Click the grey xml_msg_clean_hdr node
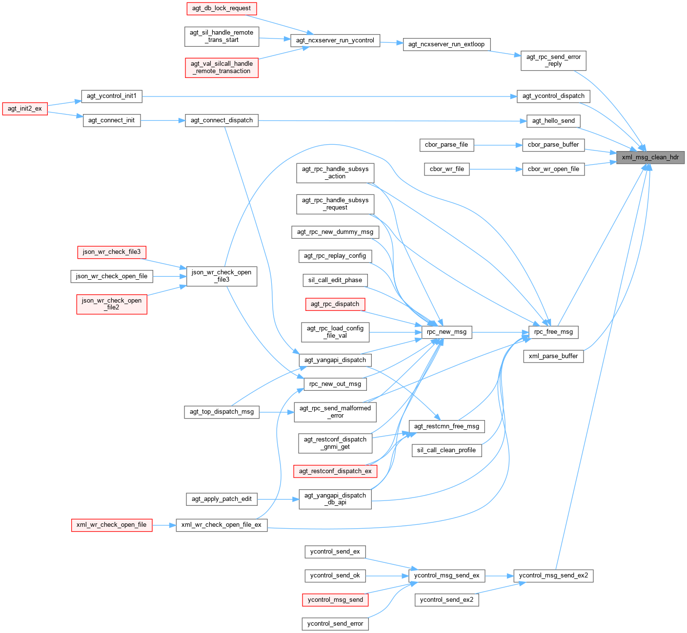(650, 157)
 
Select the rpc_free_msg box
(553, 332)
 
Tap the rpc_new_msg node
(446, 332)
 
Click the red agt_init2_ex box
(25, 108)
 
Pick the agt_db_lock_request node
(222, 8)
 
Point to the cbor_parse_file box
(446, 145)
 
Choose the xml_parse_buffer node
(553, 356)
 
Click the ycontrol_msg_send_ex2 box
(553, 575)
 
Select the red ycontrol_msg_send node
(335, 600)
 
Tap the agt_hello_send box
(553, 121)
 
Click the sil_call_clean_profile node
(446, 450)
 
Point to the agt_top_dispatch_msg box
(222, 412)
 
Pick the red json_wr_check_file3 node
(111, 252)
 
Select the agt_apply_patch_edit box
(222, 499)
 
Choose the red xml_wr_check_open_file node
(111, 525)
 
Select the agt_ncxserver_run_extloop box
(446, 44)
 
